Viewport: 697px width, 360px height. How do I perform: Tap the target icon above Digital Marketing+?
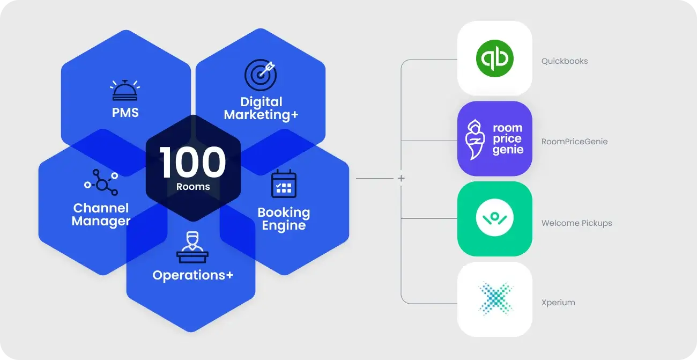click(261, 75)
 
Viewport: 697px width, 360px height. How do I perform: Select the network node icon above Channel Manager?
click(101, 182)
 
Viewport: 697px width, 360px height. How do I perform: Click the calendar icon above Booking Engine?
click(284, 183)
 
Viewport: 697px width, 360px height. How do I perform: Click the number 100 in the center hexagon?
click(192, 163)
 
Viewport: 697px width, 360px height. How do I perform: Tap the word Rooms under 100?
click(193, 187)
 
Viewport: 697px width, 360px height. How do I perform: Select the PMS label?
click(125, 113)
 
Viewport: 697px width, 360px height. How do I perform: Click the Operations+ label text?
click(192, 275)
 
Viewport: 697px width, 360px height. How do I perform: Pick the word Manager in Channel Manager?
click(101, 221)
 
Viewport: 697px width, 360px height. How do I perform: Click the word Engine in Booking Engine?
click(284, 225)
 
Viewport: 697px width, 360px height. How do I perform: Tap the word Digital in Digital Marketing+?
click(261, 102)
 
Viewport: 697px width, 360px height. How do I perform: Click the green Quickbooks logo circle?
click(494, 58)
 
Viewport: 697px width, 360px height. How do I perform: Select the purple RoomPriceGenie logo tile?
click(494, 138)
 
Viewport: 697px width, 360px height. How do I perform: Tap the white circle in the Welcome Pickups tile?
click(494, 218)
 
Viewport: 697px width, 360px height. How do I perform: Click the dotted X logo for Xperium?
click(494, 299)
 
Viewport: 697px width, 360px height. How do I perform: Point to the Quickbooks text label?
click(565, 61)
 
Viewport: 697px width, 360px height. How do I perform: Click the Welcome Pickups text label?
click(576, 223)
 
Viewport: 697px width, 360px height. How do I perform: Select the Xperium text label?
click(558, 303)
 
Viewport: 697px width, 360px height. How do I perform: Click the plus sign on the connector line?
click(401, 178)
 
